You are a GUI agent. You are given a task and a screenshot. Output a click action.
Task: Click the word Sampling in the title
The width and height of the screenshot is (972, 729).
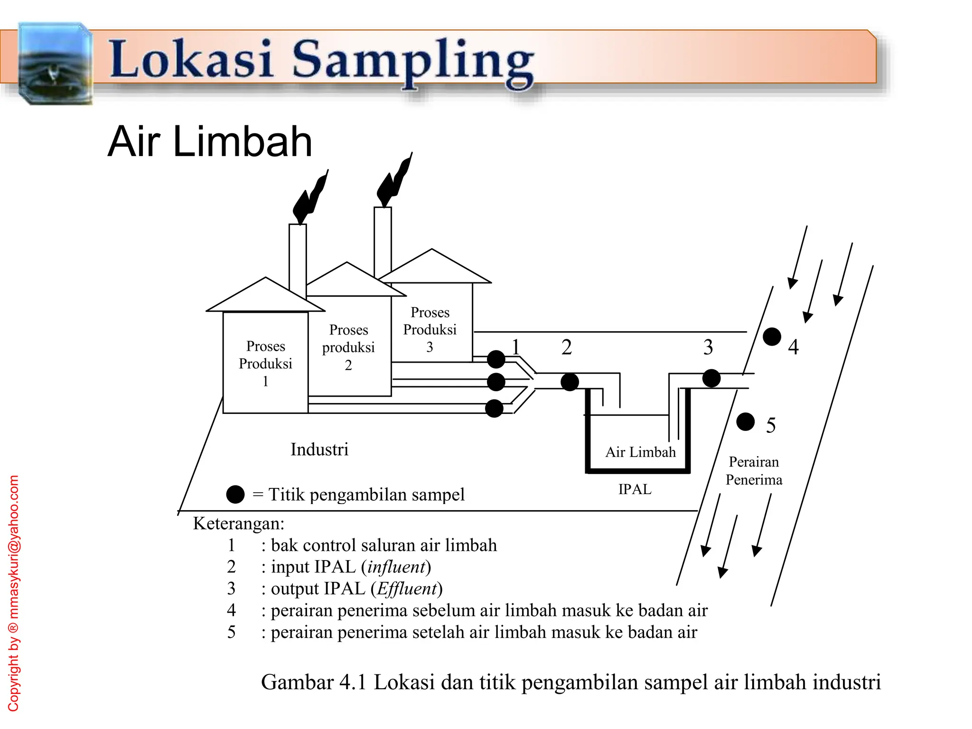point(413,62)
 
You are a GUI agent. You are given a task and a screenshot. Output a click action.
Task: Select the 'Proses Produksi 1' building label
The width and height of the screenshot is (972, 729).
point(265,364)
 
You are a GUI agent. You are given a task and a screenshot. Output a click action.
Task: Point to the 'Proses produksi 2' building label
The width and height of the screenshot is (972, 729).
point(348,347)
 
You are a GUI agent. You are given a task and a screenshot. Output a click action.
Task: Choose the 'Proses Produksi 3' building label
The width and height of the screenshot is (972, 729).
point(430,329)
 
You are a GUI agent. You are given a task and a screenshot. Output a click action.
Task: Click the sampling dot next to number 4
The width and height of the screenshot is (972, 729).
point(772,337)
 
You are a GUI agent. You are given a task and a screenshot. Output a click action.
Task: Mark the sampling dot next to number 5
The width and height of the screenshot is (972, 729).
point(746,421)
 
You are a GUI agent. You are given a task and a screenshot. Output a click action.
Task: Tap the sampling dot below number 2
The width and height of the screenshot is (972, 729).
point(570,382)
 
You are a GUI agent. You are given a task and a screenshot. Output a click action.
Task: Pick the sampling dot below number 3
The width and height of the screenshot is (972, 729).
point(711,378)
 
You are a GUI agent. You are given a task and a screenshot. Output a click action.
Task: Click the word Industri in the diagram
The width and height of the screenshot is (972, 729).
point(319,449)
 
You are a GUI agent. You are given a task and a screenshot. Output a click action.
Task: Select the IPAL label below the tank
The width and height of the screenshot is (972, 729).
point(635,489)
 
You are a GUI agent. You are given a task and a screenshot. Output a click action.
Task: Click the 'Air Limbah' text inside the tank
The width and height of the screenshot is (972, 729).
point(640,452)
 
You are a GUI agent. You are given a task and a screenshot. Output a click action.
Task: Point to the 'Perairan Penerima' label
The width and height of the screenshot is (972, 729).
point(754,470)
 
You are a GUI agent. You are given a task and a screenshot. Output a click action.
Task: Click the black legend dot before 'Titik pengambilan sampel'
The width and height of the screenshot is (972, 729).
point(235,495)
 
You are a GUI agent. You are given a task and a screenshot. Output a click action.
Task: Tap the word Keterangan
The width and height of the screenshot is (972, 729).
point(238,523)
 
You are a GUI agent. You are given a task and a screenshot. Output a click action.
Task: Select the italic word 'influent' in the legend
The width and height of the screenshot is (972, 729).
point(396,567)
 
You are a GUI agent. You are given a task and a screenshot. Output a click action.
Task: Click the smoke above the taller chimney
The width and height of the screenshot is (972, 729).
point(395,180)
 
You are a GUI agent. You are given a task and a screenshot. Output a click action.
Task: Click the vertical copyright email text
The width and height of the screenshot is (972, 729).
point(14,593)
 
